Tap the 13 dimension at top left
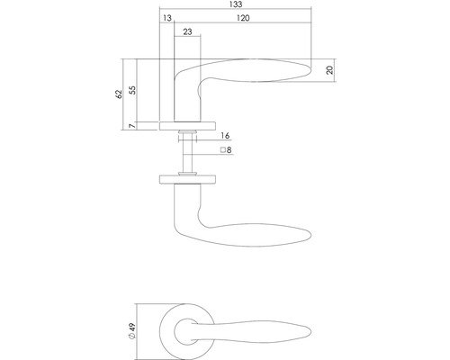point(167,17)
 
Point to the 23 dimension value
point(186,32)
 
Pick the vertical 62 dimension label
point(118,94)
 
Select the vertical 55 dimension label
point(133,89)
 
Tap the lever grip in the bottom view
point(261,328)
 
